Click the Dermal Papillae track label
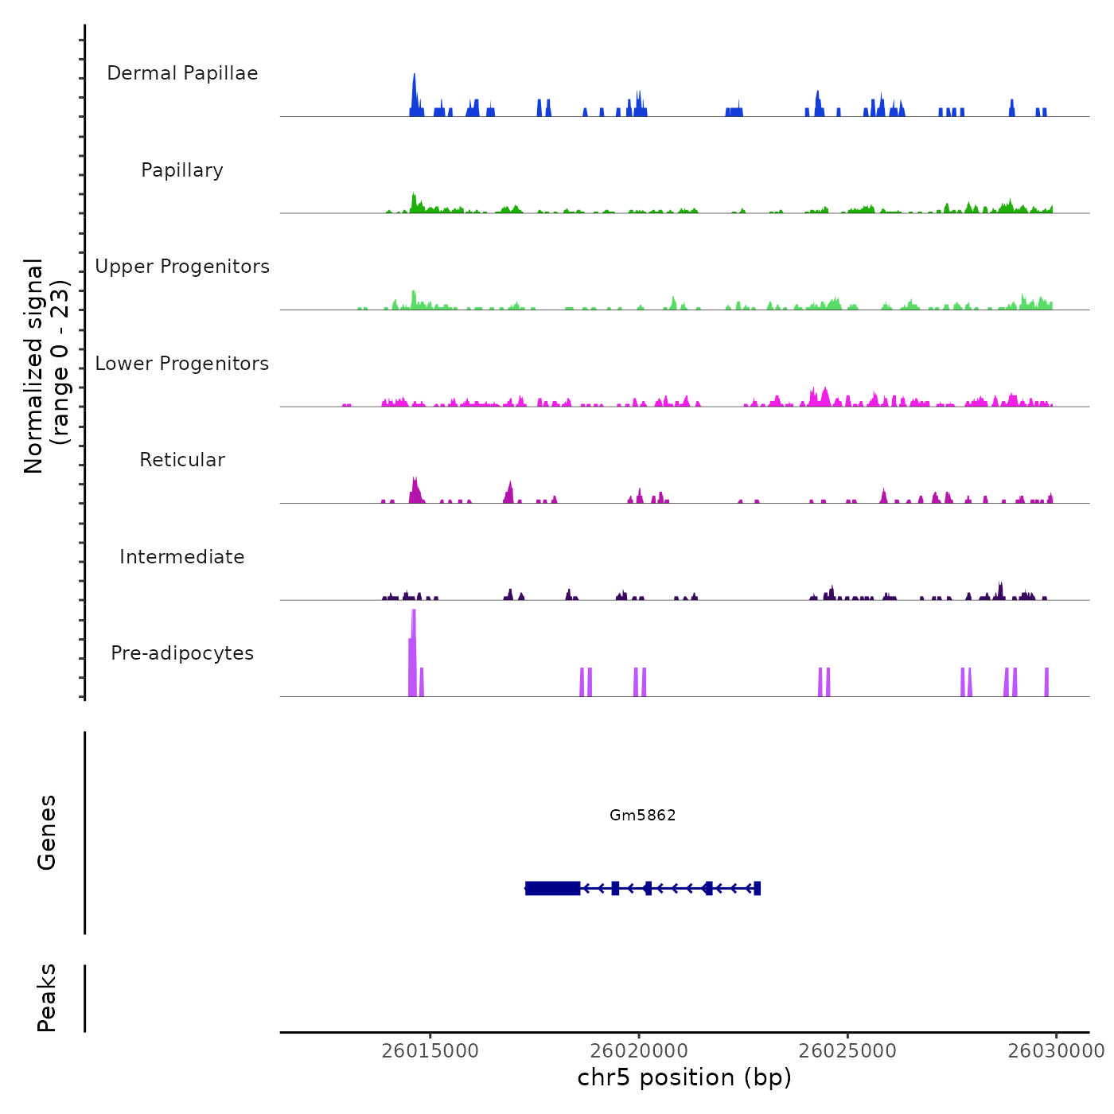click(x=182, y=73)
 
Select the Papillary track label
click(x=182, y=170)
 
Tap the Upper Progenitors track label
click(x=182, y=267)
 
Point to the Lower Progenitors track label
click(x=182, y=364)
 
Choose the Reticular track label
click(x=182, y=460)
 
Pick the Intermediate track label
click(x=182, y=557)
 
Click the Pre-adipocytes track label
click(x=182, y=653)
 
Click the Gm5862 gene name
click(x=643, y=815)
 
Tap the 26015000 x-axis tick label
click(x=430, y=1050)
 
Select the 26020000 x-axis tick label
click(x=639, y=1050)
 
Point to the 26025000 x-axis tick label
click(x=847, y=1050)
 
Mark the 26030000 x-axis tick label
click(x=1056, y=1050)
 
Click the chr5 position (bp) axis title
click(x=684, y=1077)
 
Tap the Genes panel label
click(x=47, y=832)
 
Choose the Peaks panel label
click(x=47, y=998)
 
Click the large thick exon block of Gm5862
click(x=553, y=888)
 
